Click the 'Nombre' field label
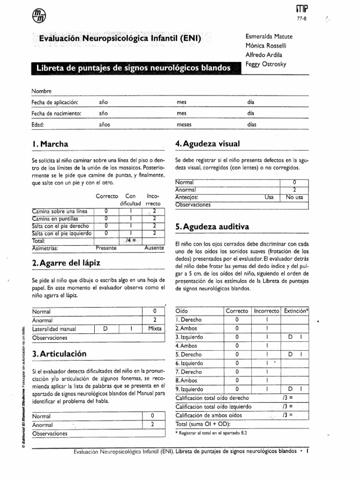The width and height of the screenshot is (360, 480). point(41,90)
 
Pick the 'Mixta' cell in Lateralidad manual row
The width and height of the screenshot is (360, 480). point(154,329)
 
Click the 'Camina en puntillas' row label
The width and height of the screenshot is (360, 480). point(55,218)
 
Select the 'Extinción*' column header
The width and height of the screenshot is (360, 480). point(297,311)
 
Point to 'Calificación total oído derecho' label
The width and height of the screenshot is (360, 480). point(212,397)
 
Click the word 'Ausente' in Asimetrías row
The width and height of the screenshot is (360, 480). point(154,247)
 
